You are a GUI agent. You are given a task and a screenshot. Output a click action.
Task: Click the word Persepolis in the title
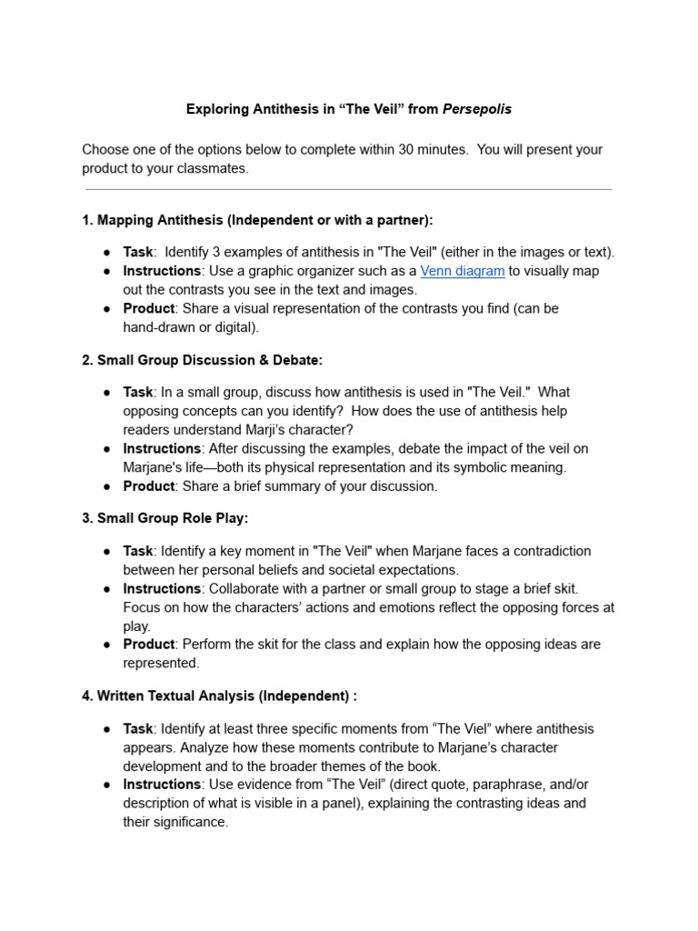tap(477, 109)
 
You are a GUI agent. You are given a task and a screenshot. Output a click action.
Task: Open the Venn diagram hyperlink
tap(462, 271)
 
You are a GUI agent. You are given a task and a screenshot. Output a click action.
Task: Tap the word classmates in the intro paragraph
tap(210, 168)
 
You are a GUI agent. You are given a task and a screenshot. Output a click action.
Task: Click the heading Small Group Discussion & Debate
tap(209, 360)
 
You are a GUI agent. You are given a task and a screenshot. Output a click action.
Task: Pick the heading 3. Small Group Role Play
tap(165, 518)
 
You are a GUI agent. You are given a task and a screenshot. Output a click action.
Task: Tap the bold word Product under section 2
tap(149, 486)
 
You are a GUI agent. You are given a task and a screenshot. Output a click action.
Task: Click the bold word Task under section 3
tap(138, 551)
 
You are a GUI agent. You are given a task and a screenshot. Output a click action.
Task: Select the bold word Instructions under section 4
tap(162, 784)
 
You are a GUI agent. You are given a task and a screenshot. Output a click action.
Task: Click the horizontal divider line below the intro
tap(348, 190)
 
